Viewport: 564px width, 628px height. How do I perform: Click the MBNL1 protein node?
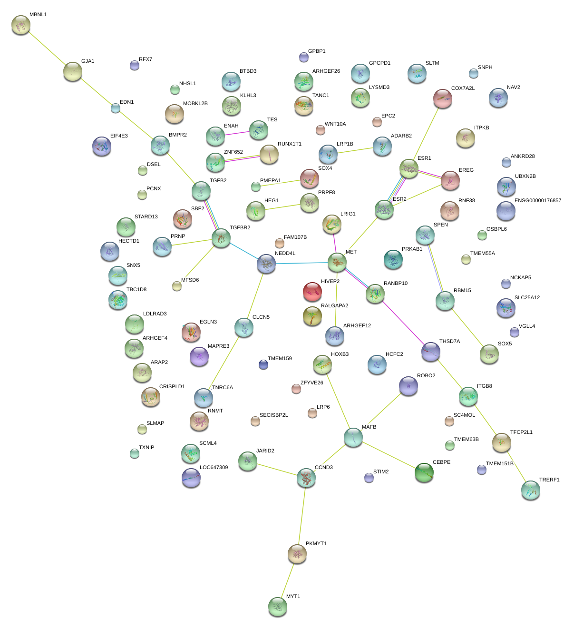coord(21,25)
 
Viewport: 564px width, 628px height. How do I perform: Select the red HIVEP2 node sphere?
coord(312,291)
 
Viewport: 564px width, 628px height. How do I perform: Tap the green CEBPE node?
coord(424,472)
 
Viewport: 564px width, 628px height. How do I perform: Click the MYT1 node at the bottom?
coord(278,607)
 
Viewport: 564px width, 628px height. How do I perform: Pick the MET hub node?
coord(337,262)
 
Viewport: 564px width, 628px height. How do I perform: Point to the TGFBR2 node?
coord(221,238)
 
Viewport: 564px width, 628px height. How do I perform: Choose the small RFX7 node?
coord(135,65)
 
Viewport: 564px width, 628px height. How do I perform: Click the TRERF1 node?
coord(531,490)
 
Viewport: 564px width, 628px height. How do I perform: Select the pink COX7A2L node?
coord(443,98)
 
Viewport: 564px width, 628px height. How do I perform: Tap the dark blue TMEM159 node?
coord(263,364)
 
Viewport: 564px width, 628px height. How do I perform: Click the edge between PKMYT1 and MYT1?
coord(288,580)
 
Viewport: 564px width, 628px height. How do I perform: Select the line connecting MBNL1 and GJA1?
coord(47,48)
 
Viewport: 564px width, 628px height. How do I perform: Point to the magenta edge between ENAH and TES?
coord(237,133)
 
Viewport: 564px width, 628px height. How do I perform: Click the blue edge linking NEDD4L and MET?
coord(301,263)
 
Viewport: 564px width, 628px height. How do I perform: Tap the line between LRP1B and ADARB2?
coord(355,150)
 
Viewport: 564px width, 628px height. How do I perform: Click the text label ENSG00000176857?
coord(538,201)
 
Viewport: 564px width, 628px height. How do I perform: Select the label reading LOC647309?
coord(214,468)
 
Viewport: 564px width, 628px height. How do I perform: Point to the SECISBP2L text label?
coord(273,415)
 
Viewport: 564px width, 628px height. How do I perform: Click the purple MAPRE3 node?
coord(199,356)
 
